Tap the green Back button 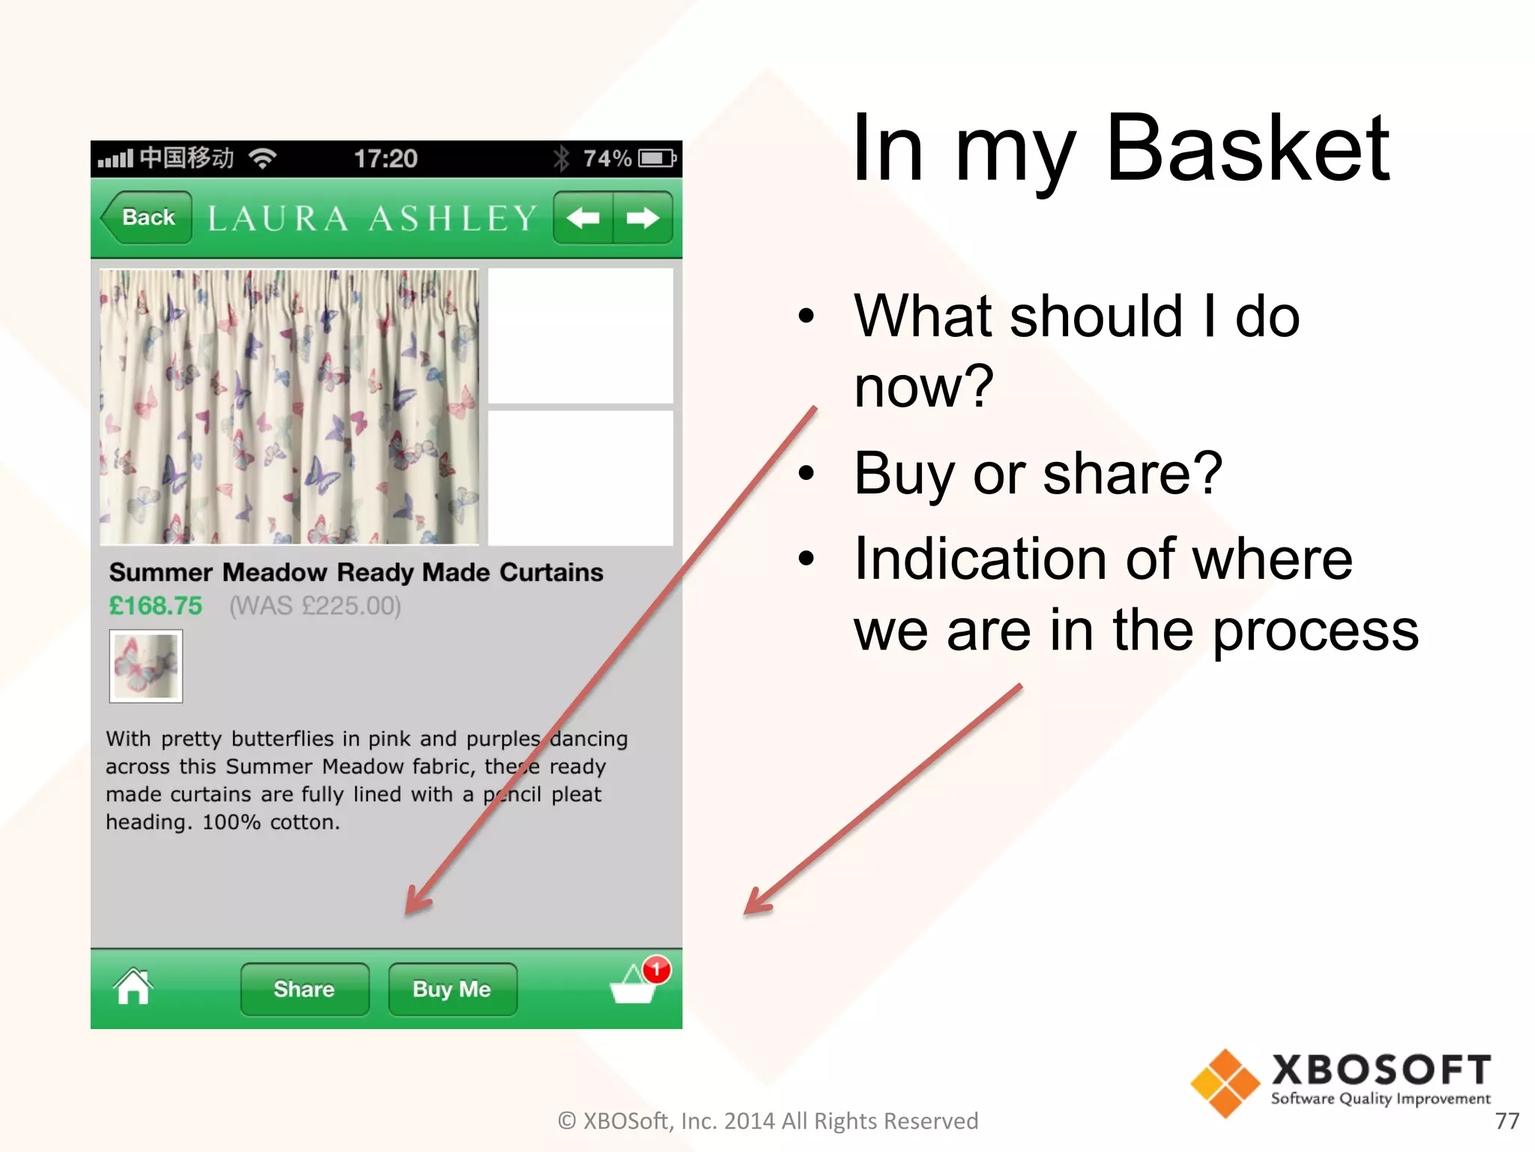coord(148,217)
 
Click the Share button coord(304,989)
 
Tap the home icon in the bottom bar coord(133,987)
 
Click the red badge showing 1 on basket coord(657,969)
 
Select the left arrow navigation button coord(583,218)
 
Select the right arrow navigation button coord(642,218)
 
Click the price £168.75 coord(156,605)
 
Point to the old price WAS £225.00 coord(315,605)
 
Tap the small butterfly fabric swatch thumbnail coord(146,666)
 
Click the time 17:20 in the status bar coord(385,158)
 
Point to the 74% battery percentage coord(607,158)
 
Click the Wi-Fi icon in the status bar coord(262,157)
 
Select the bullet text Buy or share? coord(1038,473)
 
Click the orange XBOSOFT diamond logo coord(1225,1083)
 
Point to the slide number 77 coord(1507,1120)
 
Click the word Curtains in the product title coord(551,572)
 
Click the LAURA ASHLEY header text coord(372,218)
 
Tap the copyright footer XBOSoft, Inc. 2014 coord(767,1120)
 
